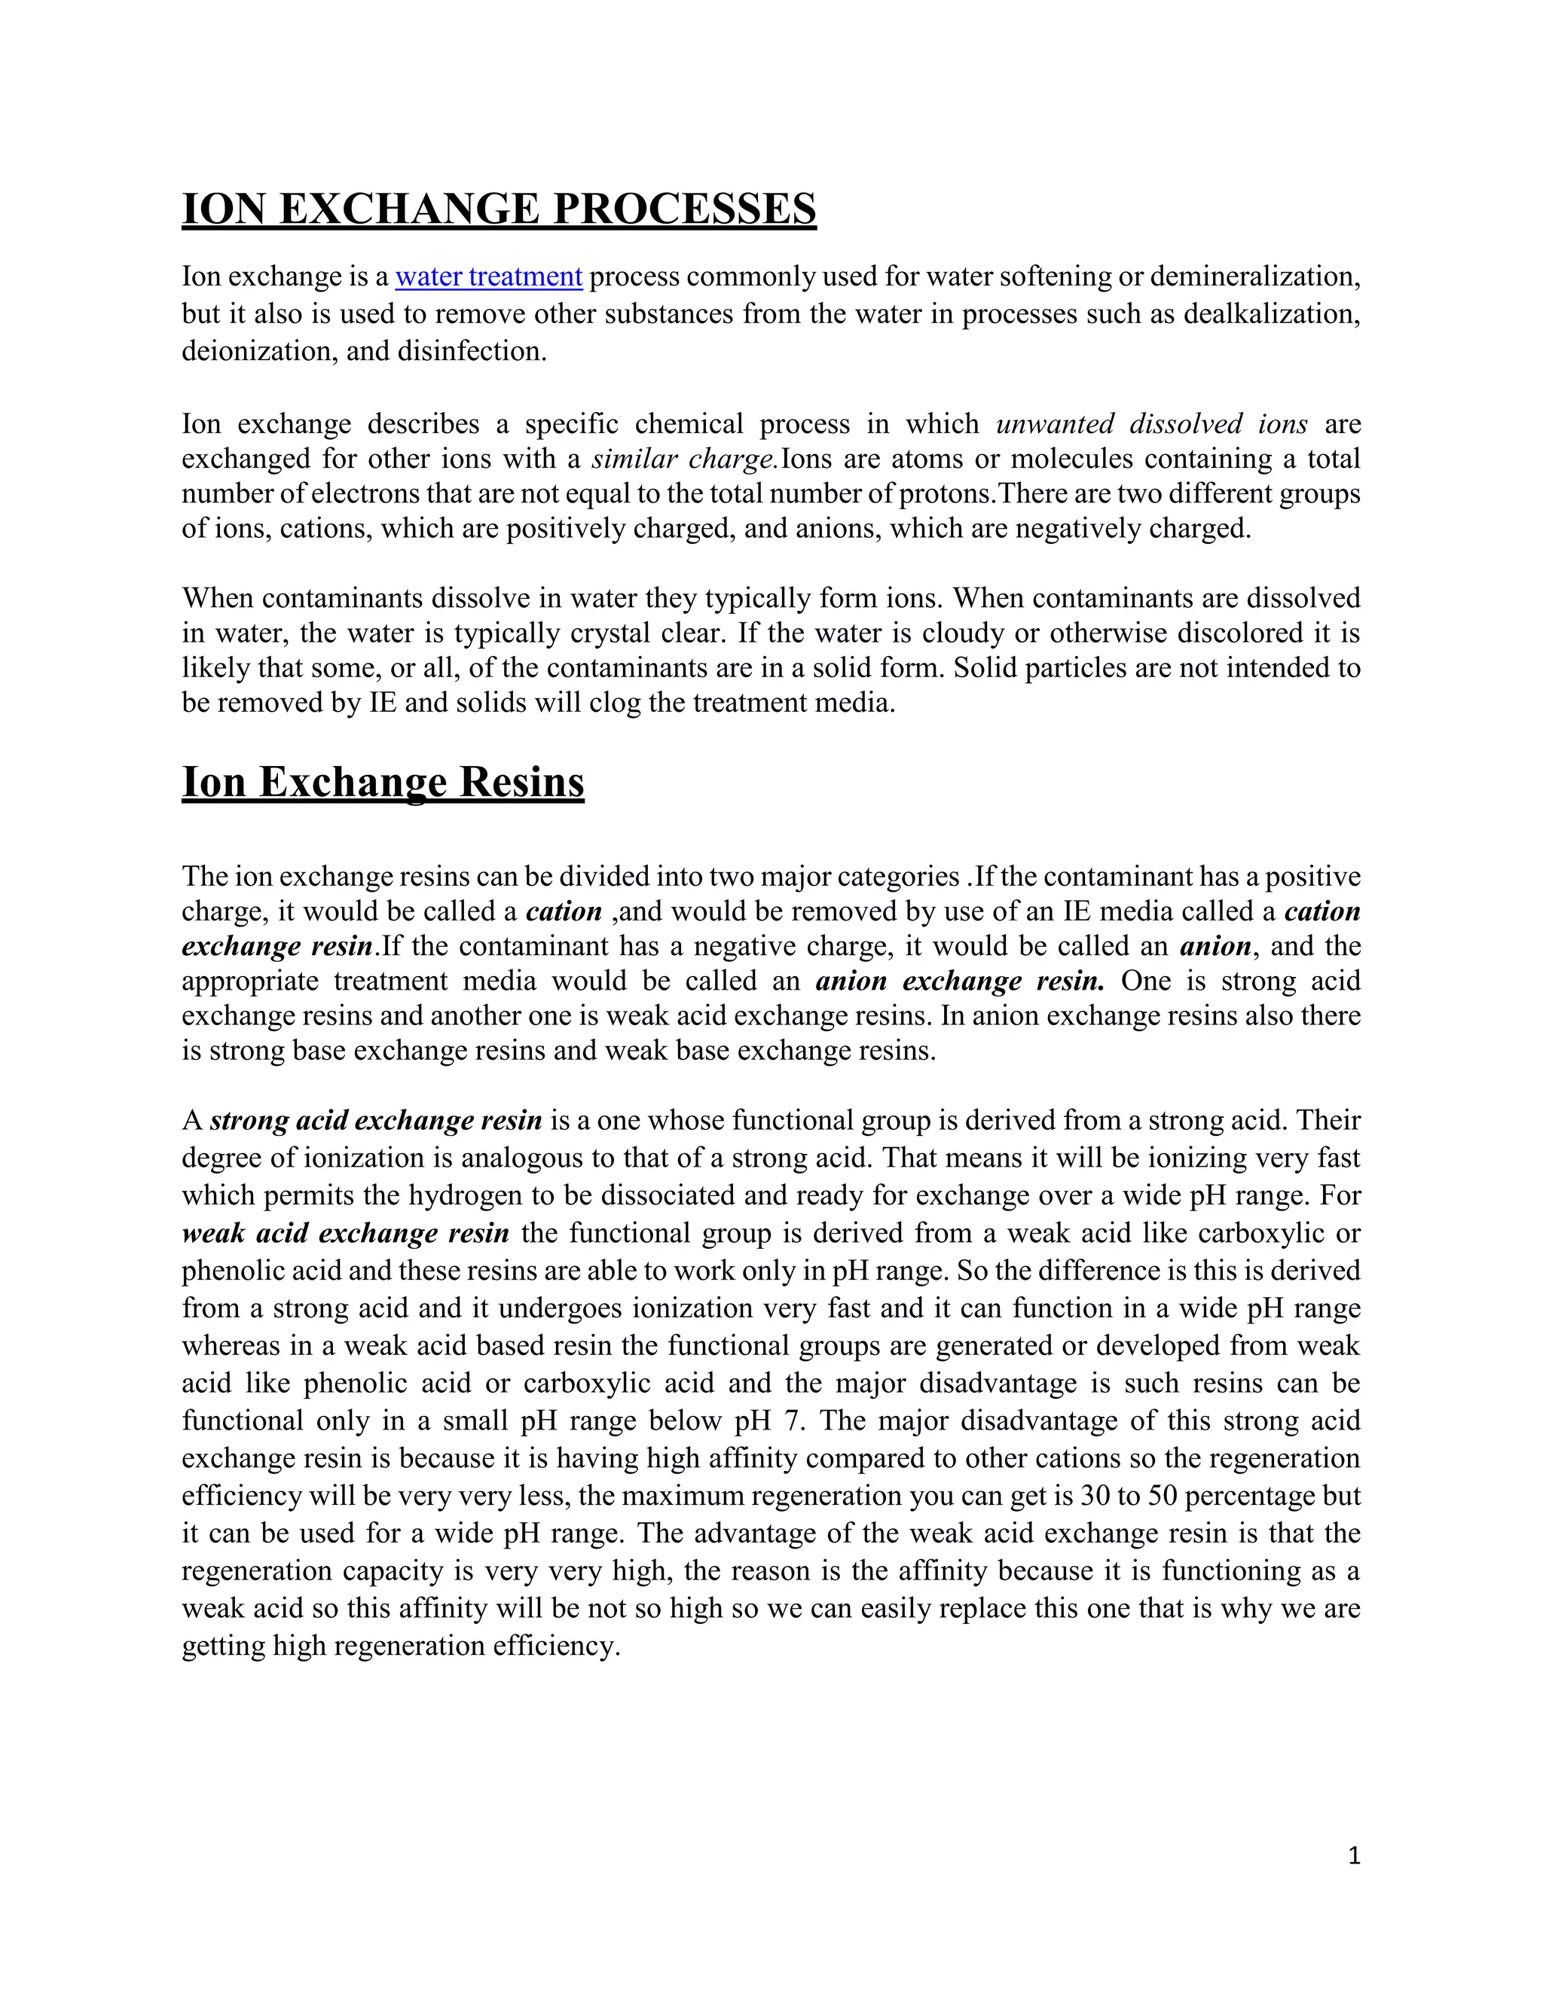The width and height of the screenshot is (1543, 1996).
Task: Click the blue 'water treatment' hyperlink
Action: (x=488, y=276)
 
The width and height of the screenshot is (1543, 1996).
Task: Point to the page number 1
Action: (x=1354, y=1855)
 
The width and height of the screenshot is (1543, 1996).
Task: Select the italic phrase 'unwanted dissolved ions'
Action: (x=1151, y=424)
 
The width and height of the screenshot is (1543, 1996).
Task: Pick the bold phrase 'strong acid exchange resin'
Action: (x=376, y=1121)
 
